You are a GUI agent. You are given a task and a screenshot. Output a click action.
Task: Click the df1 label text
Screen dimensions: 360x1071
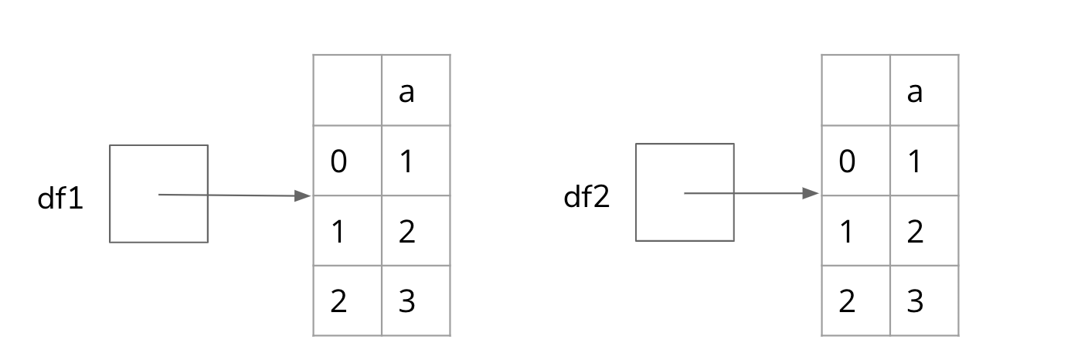pyautogui.click(x=60, y=199)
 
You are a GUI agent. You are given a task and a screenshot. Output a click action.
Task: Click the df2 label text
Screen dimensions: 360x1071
pyautogui.click(x=586, y=197)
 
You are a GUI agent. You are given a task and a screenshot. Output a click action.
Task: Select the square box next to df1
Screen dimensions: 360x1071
pyautogui.click(x=158, y=194)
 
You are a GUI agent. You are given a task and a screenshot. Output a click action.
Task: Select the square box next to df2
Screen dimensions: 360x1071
pyautogui.click(x=685, y=192)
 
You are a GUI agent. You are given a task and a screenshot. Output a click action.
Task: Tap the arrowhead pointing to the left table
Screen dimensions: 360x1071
pyautogui.click(x=304, y=196)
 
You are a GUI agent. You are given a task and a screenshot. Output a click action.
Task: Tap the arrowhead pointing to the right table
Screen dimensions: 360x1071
pyautogui.click(x=811, y=193)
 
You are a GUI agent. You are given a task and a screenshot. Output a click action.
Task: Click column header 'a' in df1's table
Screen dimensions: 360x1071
pyautogui.click(x=406, y=92)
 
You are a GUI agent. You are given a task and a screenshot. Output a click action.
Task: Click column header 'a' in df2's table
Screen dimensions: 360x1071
pyautogui.click(x=915, y=92)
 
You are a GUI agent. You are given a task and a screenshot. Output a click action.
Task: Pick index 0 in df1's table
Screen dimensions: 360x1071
pyautogui.click(x=338, y=161)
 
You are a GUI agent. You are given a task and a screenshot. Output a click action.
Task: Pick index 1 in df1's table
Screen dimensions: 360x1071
pyautogui.click(x=338, y=231)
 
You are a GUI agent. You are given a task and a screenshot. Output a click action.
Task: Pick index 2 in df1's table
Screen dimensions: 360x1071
pyautogui.click(x=338, y=301)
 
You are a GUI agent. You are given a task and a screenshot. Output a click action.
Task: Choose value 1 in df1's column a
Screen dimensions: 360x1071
pyautogui.click(x=406, y=161)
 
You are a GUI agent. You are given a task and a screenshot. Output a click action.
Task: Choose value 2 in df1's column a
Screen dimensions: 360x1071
pyautogui.click(x=406, y=231)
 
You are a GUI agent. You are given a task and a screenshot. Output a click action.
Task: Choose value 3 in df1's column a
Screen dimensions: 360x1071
pyautogui.click(x=406, y=301)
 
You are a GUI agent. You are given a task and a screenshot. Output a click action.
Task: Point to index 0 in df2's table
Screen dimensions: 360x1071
pyautogui.click(x=847, y=161)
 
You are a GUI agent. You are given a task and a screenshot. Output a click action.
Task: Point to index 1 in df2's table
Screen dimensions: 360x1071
pyautogui.click(x=847, y=231)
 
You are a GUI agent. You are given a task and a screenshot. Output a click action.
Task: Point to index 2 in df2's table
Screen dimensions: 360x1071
pyautogui.click(x=847, y=301)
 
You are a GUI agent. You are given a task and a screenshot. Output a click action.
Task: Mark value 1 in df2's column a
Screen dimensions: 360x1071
pyautogui.click(x=915, y=161)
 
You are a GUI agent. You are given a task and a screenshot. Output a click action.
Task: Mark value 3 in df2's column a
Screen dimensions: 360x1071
pyautogui.click(x=915, y=301)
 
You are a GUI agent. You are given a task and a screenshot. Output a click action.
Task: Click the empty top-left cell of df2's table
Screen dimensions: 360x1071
pyautogui.click(x=855, y=90)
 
